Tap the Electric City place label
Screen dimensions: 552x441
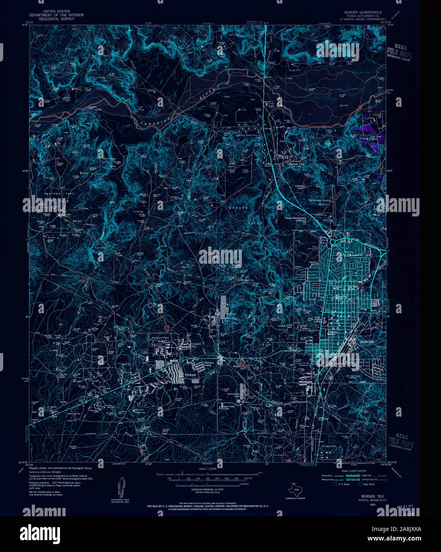pos(296,164)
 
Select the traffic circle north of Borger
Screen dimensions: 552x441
pos(332,241)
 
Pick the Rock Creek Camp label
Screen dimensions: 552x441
pos(228,408)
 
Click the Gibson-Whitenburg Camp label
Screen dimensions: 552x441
pos(294,219)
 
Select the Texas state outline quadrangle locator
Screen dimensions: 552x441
pos(295,490)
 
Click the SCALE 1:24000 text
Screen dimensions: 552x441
pos(208,469)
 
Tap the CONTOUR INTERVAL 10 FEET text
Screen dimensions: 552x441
pos(207,490)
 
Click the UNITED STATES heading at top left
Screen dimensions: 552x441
pos(56,12)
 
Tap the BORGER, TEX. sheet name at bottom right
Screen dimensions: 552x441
pos(372,496)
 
